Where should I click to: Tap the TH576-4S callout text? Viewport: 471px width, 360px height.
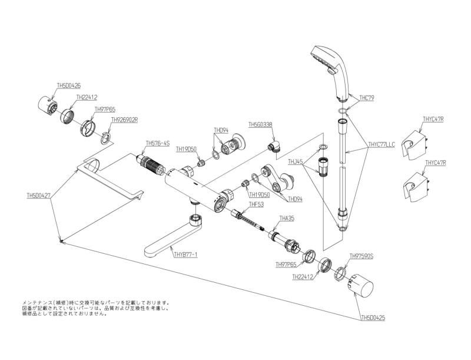(x=157, y=143)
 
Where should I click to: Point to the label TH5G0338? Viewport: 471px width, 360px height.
(x=260, y=124)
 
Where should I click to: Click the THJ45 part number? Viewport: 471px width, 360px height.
(x=295, y=161)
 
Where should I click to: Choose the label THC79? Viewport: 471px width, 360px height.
(x=367, y=98)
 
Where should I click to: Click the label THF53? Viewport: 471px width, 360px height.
(x=256, y=204)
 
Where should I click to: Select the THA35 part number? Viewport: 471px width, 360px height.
(x=286, y=219)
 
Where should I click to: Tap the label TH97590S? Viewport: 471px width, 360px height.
(x=361, y=256)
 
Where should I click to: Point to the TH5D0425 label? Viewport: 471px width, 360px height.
(x=373, y=318)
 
